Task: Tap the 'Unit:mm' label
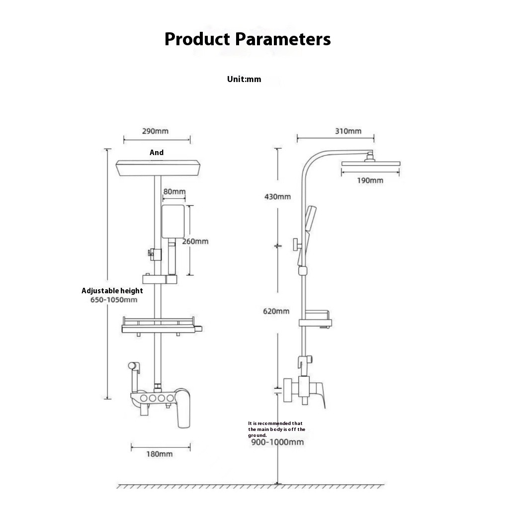pyautogui.click(x=244, y=79)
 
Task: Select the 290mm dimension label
pyautogui.click(x=155, y=131)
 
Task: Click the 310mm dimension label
pyautogui.click(x=348, y=131)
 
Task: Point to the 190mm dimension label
pyautogui.click(x=370, y=180)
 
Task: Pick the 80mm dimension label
pyautogui.click(x=174, y=191)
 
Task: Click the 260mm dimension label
pyautogui.click(x=195, y=241)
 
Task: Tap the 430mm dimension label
pyautogui.click(x=277, y=197)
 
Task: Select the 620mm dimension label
pyautogui.click(x=276, y=311)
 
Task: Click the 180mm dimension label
pyautogui.click(x=160, y=454)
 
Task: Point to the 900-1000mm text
pyautogui.click(x=277, y=442)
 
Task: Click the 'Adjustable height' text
pyautogui.click(x=112, y=291)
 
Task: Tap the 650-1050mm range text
pyautogui.click(x=114, y=300)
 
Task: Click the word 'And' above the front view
pyautogui.click(x=157, y=153)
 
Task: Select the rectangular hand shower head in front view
pyautogui.click(x=173, y=221)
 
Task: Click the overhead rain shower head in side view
pyautogui.click(x=371, y=163)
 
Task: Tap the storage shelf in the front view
pyautogui.click(x=162, y=326)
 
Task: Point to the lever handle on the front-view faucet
pyautogui.click(x=183, y=408)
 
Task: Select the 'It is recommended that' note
pyautogui.click(x=275, y=424)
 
